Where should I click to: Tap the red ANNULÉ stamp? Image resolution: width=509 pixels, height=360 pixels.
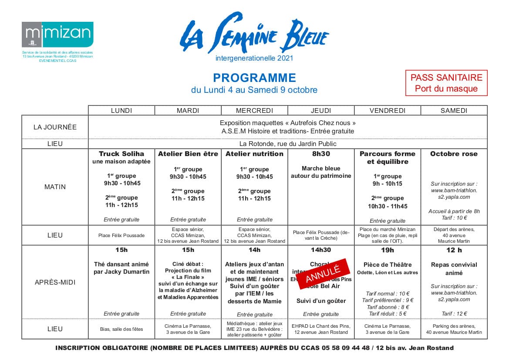coord(323,274)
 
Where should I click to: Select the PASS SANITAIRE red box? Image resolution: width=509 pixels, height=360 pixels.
coord(446,83)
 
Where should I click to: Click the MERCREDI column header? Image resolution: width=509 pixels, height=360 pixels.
coord(254,111)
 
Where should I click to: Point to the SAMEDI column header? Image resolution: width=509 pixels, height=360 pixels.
coord(454,111)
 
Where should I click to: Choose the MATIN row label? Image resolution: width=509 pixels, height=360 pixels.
coord(55,187)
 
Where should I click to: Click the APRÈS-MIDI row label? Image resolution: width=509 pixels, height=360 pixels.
coord(55,282)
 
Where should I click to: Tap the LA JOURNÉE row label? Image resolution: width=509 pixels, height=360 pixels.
coord(55,127)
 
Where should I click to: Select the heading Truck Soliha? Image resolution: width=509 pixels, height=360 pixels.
coord(121,154)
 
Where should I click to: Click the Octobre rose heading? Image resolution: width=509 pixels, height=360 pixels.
coord(454,154)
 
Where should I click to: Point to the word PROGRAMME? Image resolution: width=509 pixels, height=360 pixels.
coord(254,78)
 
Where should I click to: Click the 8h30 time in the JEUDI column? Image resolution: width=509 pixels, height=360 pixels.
coord(321,154)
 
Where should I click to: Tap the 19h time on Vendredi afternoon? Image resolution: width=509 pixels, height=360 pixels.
coord(387,250)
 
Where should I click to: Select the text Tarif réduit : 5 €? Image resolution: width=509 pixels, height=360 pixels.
coord(388,313)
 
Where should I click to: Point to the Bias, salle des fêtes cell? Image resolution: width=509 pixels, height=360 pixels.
coord(121,329)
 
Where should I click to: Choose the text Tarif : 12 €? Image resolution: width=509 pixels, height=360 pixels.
coord(454,313)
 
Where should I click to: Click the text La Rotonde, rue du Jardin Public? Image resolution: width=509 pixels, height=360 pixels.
coord(288,144)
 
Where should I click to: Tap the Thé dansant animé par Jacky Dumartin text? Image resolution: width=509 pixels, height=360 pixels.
coord(121,268)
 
